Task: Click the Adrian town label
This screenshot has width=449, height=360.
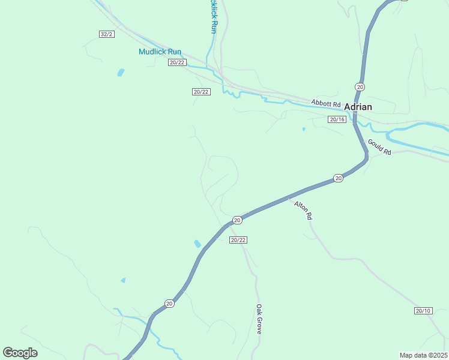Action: pos(358,107)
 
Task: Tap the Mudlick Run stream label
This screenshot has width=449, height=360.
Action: pos(160,52)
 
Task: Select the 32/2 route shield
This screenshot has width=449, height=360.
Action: pos(106,34)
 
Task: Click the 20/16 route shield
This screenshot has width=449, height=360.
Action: pos(337,119)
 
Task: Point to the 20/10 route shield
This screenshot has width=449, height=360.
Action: pos(423,310)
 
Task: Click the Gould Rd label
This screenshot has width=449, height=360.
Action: pos(379,148)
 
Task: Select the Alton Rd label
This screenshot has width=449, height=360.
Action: pos(303,210)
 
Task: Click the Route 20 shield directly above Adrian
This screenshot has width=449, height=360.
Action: pos(360,87)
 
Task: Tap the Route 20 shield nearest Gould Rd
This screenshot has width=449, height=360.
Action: pos(339,178)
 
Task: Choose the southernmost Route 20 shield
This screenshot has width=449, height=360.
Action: pos(170,304)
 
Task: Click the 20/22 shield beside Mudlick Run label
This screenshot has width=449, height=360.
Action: pos(178,62)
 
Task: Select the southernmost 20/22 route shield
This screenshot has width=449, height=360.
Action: pos(238,240)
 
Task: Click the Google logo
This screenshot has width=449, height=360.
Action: pos(20,353)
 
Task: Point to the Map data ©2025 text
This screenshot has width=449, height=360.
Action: pos(423,355)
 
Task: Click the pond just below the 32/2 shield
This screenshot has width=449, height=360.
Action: pos(121,73)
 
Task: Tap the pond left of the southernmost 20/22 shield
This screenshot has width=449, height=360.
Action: pos(197,244)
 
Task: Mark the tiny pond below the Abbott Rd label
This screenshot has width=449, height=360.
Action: pos(304,128)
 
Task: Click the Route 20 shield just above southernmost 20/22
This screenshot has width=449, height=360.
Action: pos(237,220)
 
